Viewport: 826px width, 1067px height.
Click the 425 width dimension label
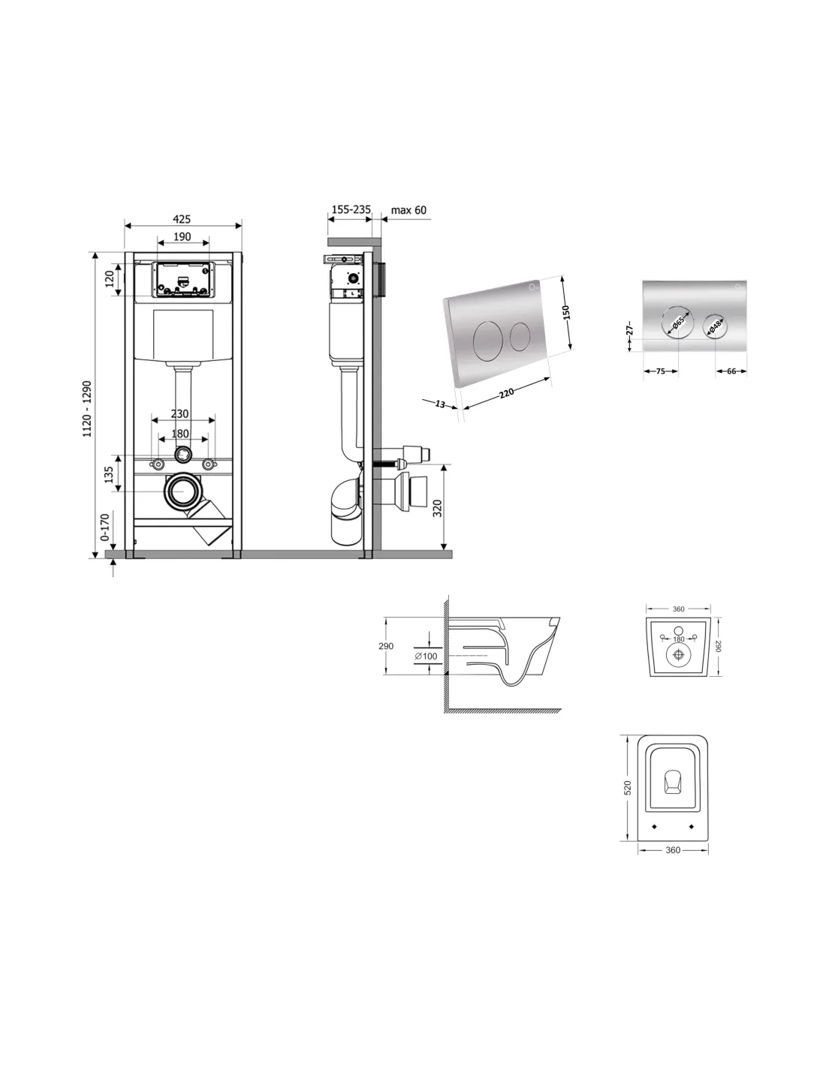pyautogui.click(x=181, y=219)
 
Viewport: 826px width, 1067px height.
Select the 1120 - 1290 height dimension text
pyautogui.click(x=87, y=409)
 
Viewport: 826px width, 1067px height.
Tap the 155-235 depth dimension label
pyautogui.click(x=351, y=209)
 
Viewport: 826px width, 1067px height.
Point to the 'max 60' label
pyautogui.click(x=408, y=210)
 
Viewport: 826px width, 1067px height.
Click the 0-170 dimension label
pyautogui.click(x=104, y=527)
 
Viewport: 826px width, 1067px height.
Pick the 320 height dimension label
pyautogui.click(x=437, y=508)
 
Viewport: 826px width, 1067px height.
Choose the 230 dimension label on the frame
pyautogui.click(x=179, y=413)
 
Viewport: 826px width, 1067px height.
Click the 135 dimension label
pyautogui.click(x=109, y=473)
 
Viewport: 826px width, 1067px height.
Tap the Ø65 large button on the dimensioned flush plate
pyautogui.click(x=678, y=322)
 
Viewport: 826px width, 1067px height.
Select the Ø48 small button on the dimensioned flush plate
pyautogui.click(x=715, y=325)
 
